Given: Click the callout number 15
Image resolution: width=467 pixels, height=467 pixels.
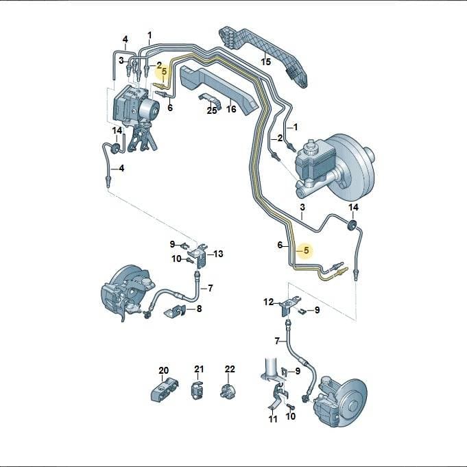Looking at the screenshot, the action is [x=266, y=62].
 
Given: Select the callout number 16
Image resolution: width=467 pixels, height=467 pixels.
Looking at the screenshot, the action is [x=231, y=109].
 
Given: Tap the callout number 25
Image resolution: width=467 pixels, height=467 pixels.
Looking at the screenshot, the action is [x=212, y=110].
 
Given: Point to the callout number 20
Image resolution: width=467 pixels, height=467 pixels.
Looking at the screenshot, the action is [x=163, y=370].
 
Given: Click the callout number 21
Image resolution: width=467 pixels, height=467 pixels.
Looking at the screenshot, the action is [x=199, y=370].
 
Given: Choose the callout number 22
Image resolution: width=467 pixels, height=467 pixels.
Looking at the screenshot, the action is [x=230, y=370].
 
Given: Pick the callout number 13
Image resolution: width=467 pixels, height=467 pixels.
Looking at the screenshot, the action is [x=218, y=254].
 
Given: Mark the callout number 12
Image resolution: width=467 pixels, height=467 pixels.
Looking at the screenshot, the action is [x=268, y=302].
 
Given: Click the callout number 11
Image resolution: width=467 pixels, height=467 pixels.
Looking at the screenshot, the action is [x=273, y=419].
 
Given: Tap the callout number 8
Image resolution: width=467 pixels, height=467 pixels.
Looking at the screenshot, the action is [x=199, y=309].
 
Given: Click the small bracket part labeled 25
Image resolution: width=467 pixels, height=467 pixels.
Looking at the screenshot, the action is [x=211, y=101].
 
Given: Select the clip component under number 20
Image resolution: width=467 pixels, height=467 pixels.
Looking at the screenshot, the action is [x=165, y=389].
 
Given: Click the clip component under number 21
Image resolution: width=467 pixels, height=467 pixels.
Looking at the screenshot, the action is [x=197, y=390].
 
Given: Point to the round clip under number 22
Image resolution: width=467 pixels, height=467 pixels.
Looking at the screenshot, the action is [x=228, y=391].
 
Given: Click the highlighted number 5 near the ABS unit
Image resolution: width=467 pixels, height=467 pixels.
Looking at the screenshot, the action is [x=164, y=72].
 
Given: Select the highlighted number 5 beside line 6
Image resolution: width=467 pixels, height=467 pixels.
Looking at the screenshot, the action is [x=307, y=251].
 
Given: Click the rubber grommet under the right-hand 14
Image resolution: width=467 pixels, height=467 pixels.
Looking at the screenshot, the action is [x=352, y=225].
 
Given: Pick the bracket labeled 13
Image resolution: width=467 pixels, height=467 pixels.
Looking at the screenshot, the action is [x=198, y=255].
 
